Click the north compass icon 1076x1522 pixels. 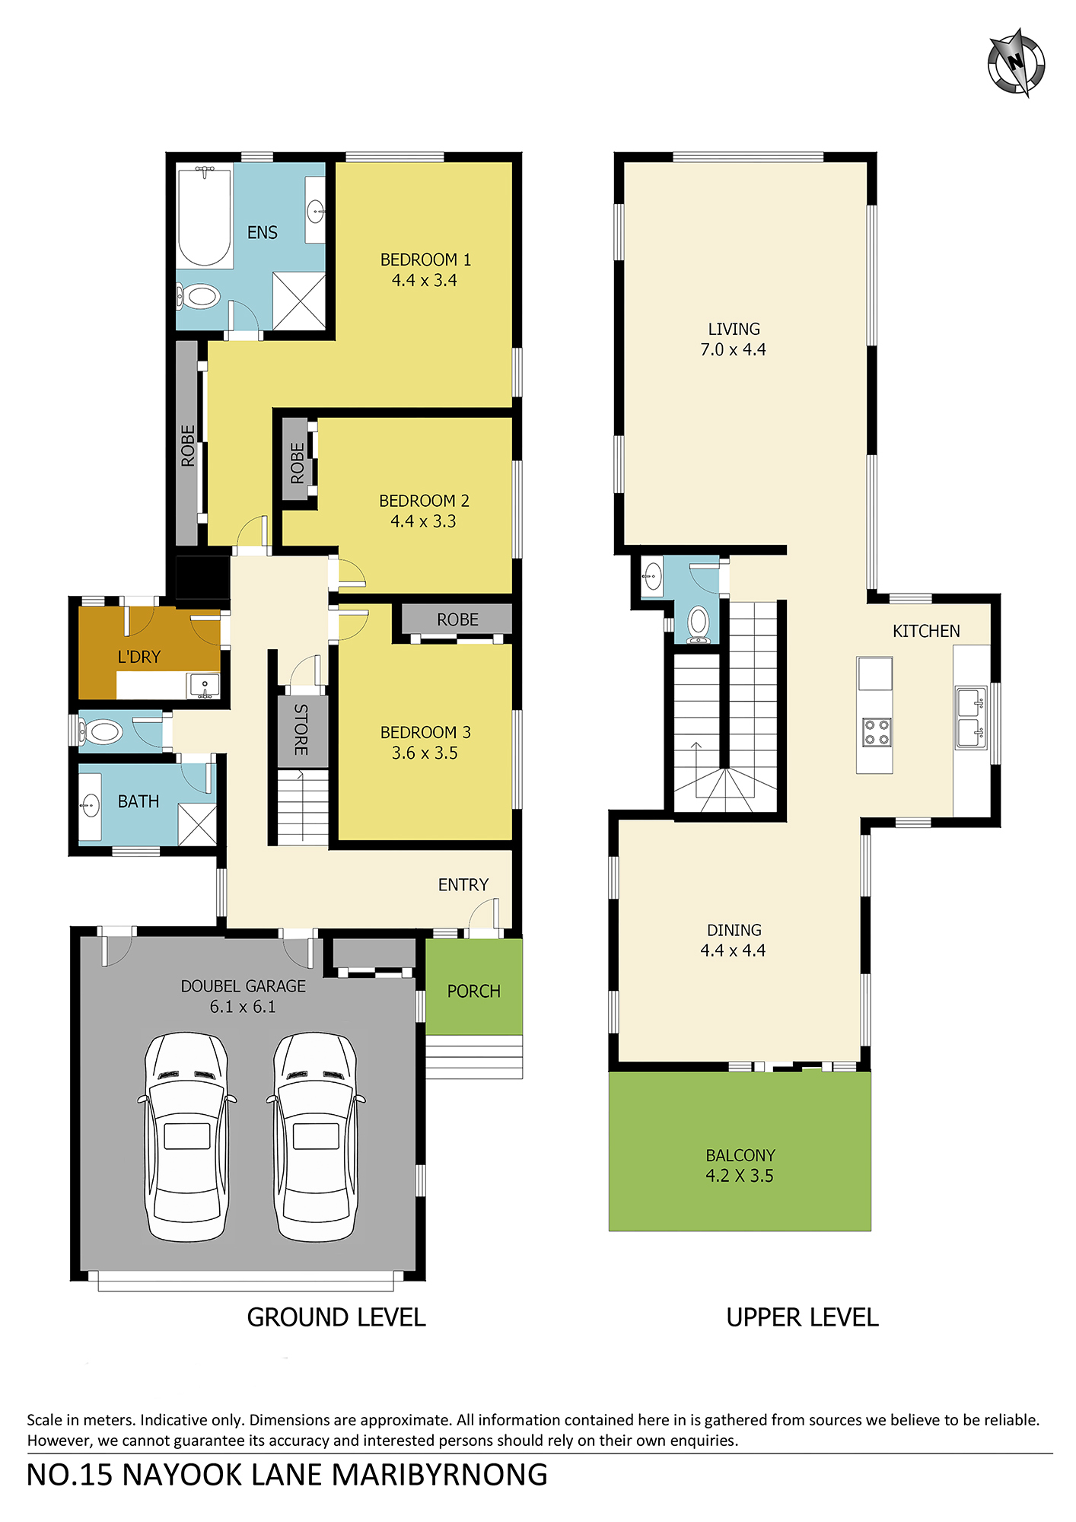1017,62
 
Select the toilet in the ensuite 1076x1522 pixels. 199,296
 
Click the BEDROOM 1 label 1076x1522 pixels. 425,260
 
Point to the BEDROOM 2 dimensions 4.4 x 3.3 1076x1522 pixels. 423,521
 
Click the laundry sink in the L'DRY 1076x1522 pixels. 204,686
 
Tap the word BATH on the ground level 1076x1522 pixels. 138,801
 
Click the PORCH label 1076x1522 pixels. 473,991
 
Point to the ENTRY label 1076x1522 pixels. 463,884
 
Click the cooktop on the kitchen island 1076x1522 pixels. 877,732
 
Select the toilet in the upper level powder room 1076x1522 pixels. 699,625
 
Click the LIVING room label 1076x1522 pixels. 734,329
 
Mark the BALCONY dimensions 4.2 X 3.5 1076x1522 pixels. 740,1176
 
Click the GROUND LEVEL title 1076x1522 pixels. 336,1317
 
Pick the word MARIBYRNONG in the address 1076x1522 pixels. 439,1475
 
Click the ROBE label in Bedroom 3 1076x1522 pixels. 457,620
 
